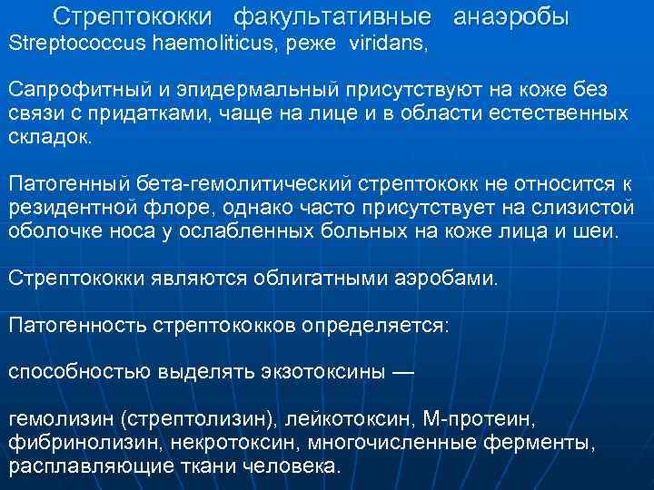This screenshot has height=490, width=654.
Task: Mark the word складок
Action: click(50, 137)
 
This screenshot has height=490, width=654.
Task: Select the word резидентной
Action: click(71, 208)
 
